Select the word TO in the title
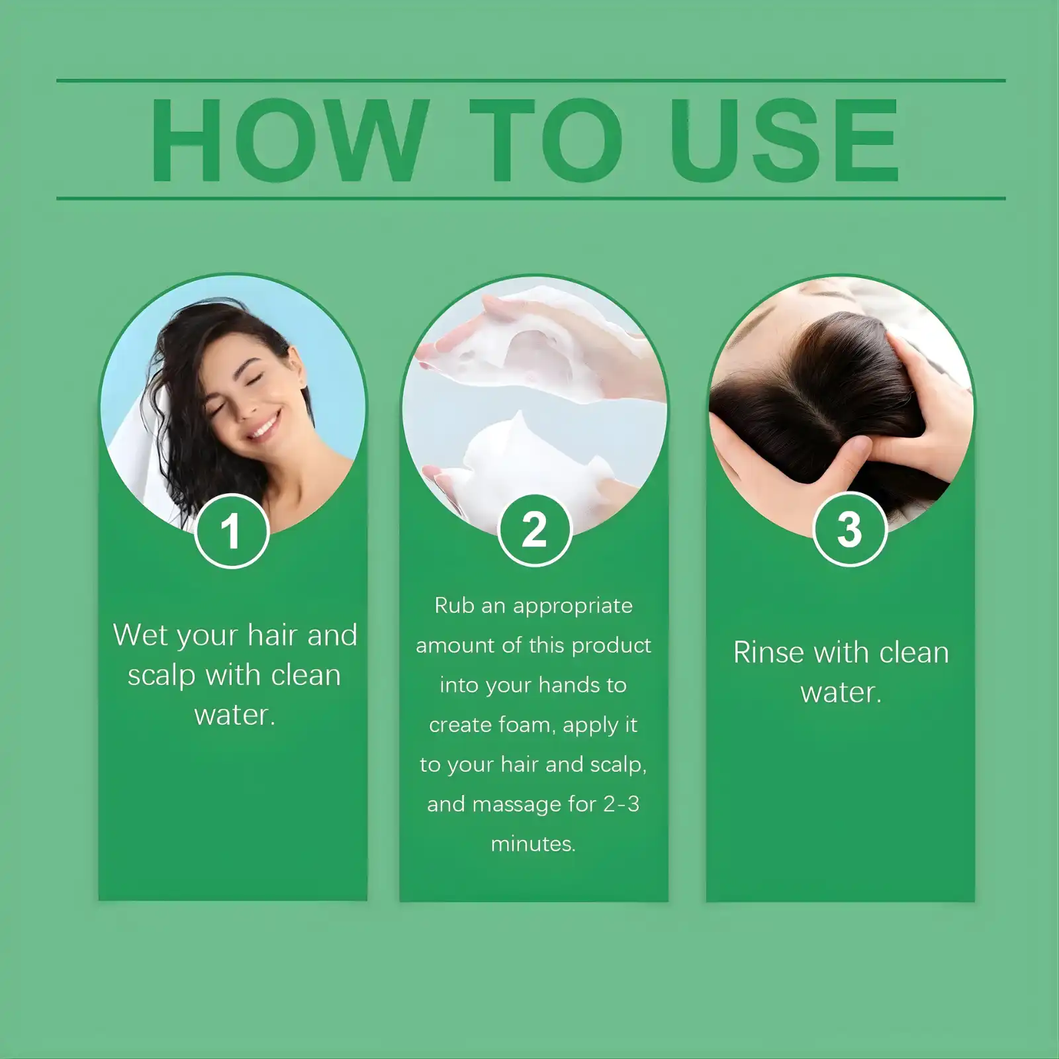tap(547, 140)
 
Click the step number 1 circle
tap(231, 531)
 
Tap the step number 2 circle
tap(534, 529)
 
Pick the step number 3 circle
tap(849, 529)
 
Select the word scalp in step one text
tap(161, 676)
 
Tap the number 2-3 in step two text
tap(621, 804)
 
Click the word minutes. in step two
tap(533, 844)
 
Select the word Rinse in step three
tap(768, 653)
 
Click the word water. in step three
tap(841, 693)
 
